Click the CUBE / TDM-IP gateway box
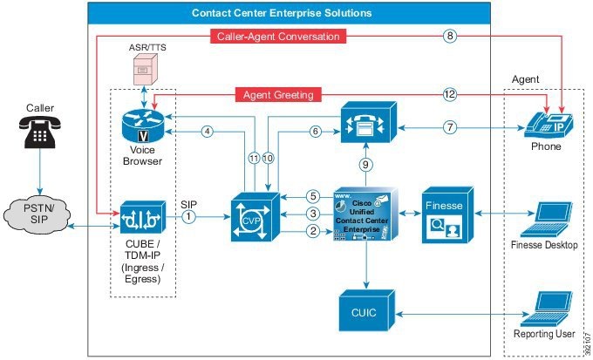tap(144, 213)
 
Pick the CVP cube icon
tap(250, 213)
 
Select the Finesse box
tap(449, 213)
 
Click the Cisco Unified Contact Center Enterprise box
tap(367, 213)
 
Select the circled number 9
tap(366, 163)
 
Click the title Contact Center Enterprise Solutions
tap(282, 13)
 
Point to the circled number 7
tap(451, 127)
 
